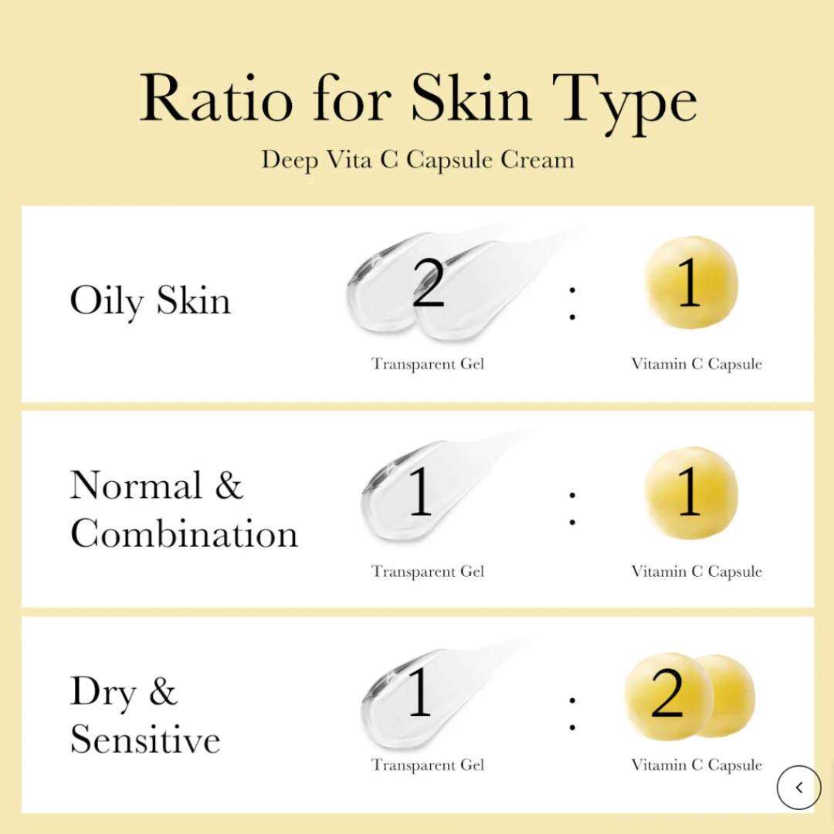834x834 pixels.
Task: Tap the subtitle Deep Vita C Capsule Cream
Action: tap(417, 160)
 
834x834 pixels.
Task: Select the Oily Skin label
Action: tap(151, 300)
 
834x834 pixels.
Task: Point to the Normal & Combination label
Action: tap(184, 510)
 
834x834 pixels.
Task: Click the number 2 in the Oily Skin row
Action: tap(429, 283)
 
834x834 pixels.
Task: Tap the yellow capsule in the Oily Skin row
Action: tap(690, 283)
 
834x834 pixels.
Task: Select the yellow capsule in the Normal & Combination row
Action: tap(690, 493)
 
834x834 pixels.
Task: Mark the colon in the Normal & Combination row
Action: tap(572, 508)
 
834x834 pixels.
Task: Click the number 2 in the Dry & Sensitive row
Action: tap(667, 694)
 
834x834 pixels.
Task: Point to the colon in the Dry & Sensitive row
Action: tap(572, 713)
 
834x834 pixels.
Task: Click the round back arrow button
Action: tap(798, 788)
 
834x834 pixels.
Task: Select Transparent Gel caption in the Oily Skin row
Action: tap(428, 364)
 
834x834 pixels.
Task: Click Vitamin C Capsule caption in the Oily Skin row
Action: tap(697, 364)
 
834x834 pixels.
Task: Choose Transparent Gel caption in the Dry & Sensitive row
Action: tap(428, 765)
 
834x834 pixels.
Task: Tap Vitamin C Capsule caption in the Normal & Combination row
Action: tap(697, 571)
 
